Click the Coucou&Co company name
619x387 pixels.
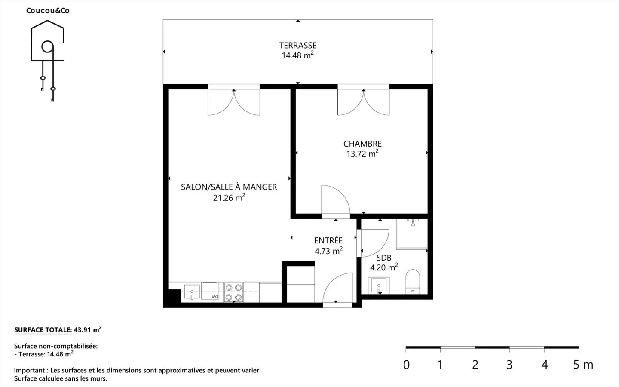(x=48, y=10)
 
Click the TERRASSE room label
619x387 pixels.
(x=297, y=45)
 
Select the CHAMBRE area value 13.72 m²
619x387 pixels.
(x=362, y=154)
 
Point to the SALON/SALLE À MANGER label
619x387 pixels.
(x=229, y=187)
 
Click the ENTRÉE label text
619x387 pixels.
(x=328, y=240)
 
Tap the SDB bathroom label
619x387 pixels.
(x=384, y=258)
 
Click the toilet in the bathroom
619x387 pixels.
(x=413, y=282)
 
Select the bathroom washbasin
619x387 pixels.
(x=379, y=286)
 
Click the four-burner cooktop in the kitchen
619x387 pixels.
(x=233, y=292)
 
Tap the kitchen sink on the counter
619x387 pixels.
(x=192, y=292)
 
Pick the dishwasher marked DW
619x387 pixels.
(x=210, y=291)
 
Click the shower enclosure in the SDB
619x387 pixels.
(x=412, y=234)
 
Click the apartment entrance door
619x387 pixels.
(x=338, y=290)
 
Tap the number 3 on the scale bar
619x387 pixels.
(x=509, y=365)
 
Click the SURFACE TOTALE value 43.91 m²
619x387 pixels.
(x=88, y=329)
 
